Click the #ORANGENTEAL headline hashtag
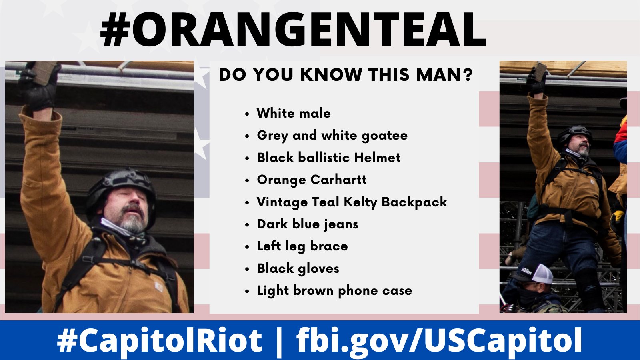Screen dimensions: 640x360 click(293, 30)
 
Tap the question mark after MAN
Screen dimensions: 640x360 click(468, 74)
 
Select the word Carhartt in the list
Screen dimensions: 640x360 click(338, 180)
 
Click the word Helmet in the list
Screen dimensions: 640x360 click(377, 158)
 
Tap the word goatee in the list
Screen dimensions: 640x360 click(384, 136)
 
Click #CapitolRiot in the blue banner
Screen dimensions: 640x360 click(160, 340)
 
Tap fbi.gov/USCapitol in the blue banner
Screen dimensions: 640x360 click(439, 340)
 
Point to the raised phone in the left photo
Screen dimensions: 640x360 click(45, 72)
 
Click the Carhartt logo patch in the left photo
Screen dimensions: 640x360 click(158, 286)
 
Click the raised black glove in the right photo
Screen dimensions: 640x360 click(536, 83)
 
